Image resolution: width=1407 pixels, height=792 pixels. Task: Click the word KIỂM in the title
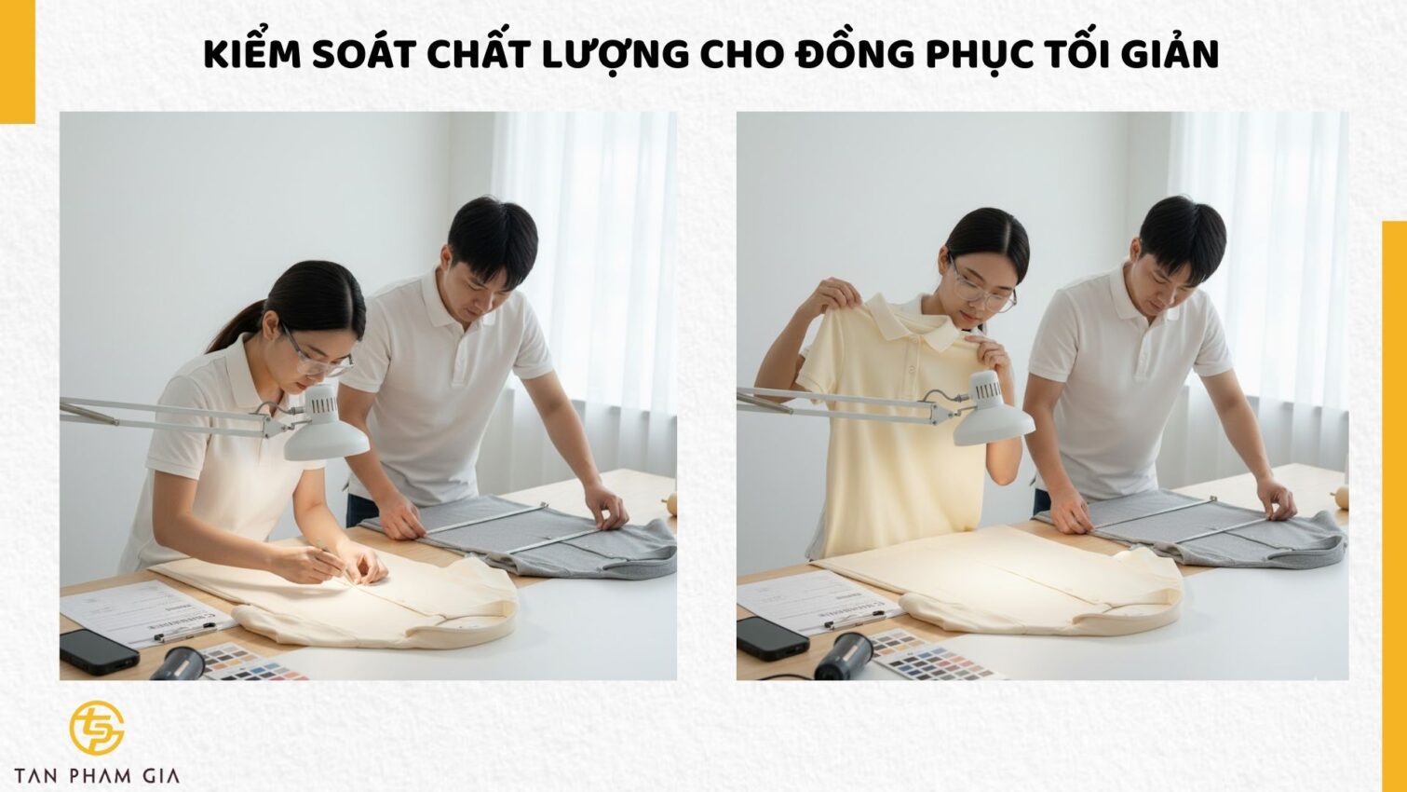pyautogui.click(x=252, y=55)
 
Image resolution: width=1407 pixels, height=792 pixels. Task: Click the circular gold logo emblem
pyautogui.click(x=96, y=728)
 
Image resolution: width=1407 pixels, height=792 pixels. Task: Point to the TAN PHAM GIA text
pyautogui.click(x=97, y=775)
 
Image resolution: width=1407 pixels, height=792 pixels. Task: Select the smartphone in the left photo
pyautogui.click(x=99, y=650)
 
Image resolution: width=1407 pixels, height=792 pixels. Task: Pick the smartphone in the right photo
pyautogui.click(x=772, y=637)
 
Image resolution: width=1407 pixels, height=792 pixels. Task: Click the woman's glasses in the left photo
pyautogui.click(x=319, y=359)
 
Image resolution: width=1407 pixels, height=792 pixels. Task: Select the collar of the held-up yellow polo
pyautogui.click(x=917, y=322)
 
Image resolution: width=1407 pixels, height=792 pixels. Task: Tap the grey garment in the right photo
pyautogui.click(x=1201, y=531)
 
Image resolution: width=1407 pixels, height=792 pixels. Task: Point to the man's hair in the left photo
pyautogui.click(x=493, y=238)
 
